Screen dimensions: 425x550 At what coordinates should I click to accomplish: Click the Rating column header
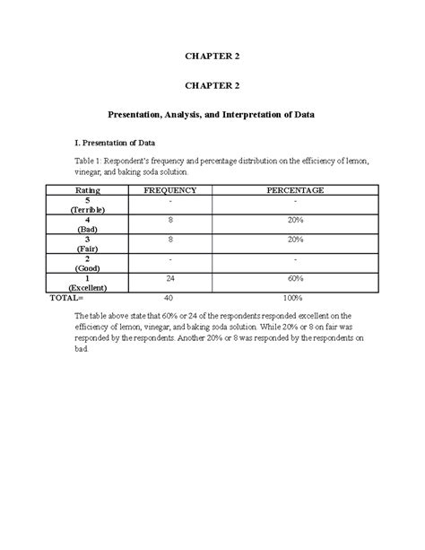(x=88, y=191)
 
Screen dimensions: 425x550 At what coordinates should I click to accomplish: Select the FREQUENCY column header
(x=169, y=191)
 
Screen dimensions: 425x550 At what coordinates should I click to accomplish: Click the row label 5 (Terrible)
(x=88, y=205)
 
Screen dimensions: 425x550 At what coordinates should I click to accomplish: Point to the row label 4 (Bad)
(x=88, y=224)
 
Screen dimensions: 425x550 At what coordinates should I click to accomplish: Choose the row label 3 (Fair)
(x=88, y=245)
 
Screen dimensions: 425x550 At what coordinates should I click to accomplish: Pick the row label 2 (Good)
(x=88, y=264)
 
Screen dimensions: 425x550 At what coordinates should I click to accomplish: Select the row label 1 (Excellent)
(x=88, y=284)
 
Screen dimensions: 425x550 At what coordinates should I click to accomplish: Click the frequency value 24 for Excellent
(x=169, y=279)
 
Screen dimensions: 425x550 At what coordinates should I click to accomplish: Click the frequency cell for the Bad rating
(x=169, y=220)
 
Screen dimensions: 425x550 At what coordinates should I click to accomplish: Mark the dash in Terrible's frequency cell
(x=169, y=200)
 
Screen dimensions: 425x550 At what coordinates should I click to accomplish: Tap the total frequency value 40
(x=169, y=297)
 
